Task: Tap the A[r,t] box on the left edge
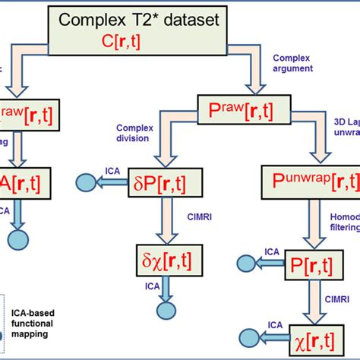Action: click(19, 182)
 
